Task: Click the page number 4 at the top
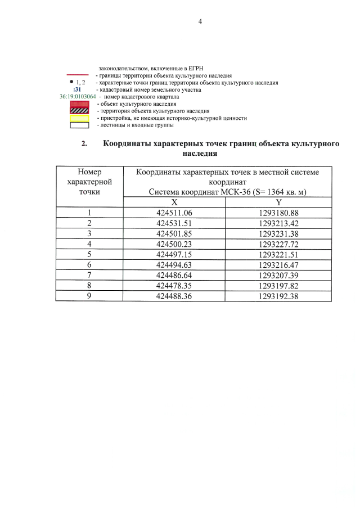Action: pyautogui.click(x=200, y=22)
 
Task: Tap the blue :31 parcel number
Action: pyautogui.click(x=78, y=89)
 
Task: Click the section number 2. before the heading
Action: pyautogui.click(x=84, y=144)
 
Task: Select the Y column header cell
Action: pyautogui.click(x=278, y=202)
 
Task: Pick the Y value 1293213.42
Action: pyautogui.click(x=278, y=223)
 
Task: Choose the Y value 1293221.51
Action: pyautogui.click(x=278, y=254)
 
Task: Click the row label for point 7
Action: pyautogui.click(x=89, y=274)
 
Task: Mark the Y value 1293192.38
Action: pyautogui.click(x=278, y=295)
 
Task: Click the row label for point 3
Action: pyautogui.click(x=89, y=233)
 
